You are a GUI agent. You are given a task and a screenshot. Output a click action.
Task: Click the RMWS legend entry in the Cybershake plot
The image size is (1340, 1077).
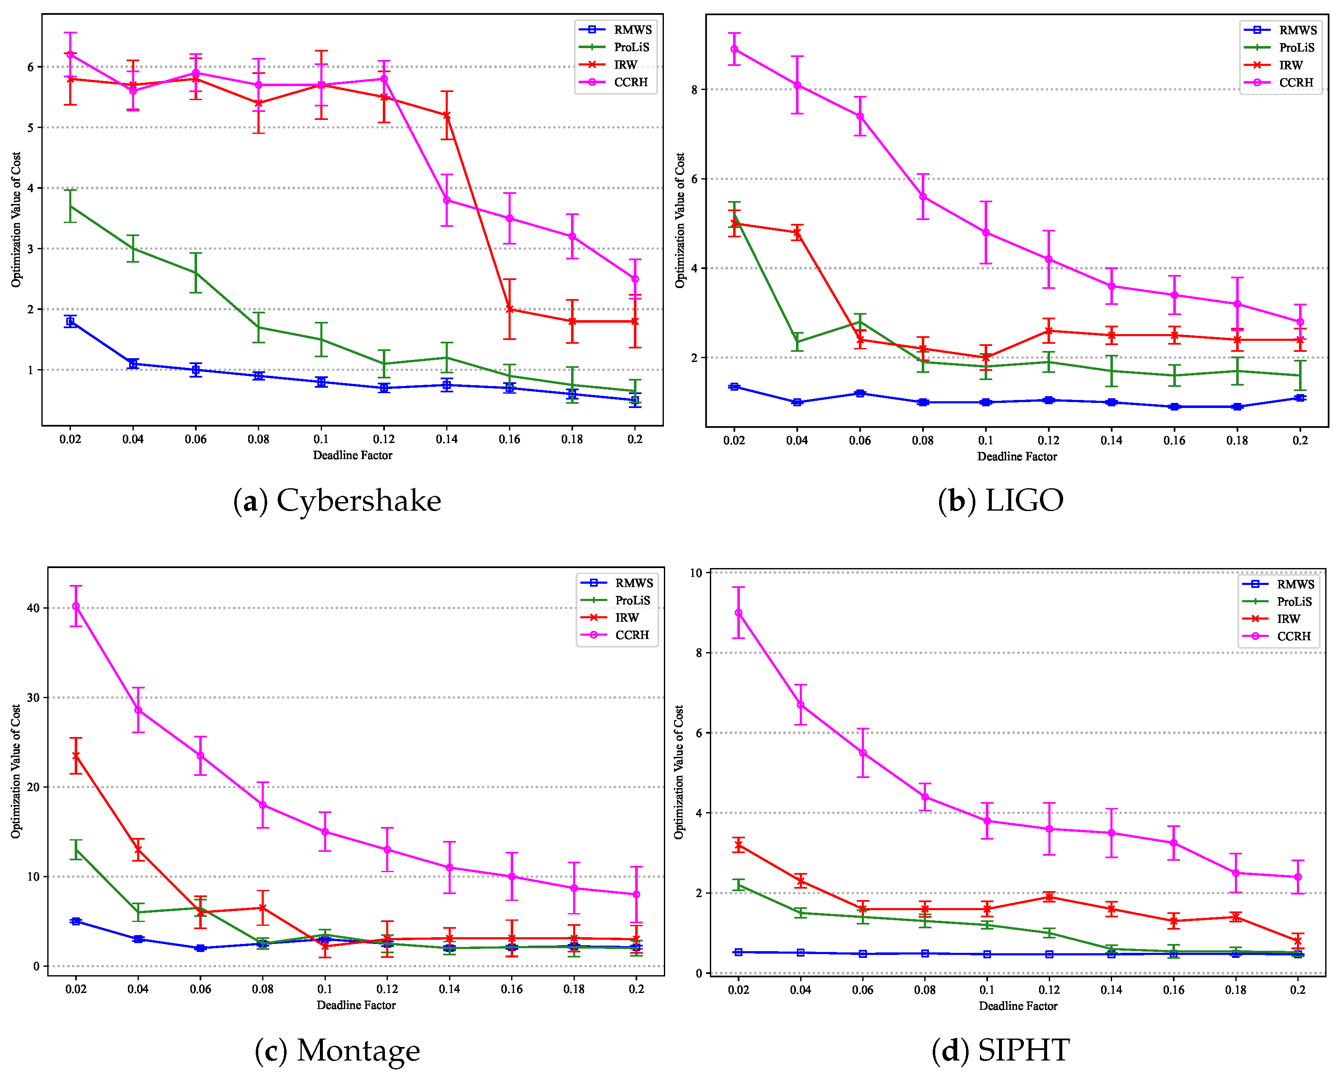click(632, 30)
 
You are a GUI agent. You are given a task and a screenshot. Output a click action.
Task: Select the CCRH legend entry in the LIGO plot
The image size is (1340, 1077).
click(1295, 83)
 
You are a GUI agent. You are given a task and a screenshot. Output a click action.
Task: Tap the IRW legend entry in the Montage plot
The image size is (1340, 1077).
click(626, 617)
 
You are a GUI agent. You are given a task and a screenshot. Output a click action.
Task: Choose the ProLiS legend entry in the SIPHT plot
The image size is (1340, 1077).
click(1294, 601)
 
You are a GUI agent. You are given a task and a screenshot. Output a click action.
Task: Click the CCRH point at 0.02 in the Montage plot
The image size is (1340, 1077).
click(76, 606)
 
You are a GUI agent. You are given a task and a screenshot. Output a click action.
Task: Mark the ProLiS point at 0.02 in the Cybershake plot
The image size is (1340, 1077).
click(70, 206)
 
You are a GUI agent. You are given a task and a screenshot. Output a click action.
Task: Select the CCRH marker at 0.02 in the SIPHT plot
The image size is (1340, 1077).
click(738, 612)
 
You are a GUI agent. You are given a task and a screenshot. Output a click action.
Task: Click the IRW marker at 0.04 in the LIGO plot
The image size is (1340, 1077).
click(797, 233)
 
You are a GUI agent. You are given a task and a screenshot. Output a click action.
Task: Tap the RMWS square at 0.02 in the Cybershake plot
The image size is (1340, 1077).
click(70, 321)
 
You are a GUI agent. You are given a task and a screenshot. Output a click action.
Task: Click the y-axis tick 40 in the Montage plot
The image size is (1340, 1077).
click(34, 608)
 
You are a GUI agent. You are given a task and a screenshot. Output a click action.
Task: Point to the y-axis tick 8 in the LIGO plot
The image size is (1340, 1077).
click(694, 90)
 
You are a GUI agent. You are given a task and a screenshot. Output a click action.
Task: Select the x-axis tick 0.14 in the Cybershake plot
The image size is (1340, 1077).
click(446, 439)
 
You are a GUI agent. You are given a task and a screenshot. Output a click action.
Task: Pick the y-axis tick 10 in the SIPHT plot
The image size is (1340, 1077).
click(696, 573)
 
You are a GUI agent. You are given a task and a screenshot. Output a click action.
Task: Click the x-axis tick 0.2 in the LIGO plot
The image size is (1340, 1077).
click(1299, 440)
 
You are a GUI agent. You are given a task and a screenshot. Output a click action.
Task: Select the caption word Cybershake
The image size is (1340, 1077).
click(359, 500)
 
